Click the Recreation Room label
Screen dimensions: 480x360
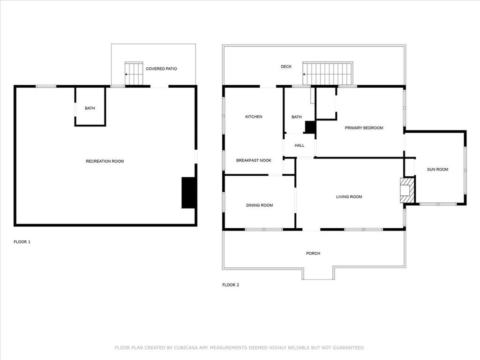[x=105, y=161]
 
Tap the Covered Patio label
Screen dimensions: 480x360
[x=161, y=69]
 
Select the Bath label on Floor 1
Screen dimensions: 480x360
[x=90, y=108]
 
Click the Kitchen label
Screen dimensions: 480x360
[x=254, y=117]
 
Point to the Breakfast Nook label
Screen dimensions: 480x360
[x=254, y=160]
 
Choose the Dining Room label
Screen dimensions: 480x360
[x=260, y=205]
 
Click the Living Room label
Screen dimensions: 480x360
[x=349, y=197]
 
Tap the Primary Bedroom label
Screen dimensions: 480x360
[x=364, y=128]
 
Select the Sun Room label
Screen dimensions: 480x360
[x=438, y=169]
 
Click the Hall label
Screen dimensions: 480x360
[x=300, y=145]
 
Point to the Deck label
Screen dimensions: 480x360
[x=286, y=67]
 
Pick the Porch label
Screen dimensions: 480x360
[x=313, y=254]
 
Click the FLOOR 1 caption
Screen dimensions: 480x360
[x=22, y=242]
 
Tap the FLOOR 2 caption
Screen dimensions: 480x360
[x=231, y=285]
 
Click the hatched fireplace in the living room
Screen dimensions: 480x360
[x=407, y=190]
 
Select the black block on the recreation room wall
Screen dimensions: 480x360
[x=188, y=193]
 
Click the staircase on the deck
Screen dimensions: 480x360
[x=328, y=74]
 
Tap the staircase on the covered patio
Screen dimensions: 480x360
[x=134, y=74]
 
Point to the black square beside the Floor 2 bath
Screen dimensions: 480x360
[x=310, y=127]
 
